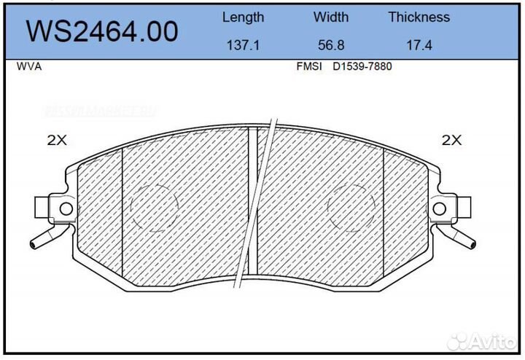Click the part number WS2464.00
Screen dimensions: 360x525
102,31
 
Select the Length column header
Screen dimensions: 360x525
243,17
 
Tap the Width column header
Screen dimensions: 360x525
331,17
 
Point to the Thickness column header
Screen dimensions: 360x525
419,17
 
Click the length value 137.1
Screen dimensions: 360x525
243,44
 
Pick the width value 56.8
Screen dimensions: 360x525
331,44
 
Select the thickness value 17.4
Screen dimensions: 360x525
419,44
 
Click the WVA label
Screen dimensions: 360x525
28,66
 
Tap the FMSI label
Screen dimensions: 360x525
309,66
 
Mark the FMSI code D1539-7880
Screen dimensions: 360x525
362,66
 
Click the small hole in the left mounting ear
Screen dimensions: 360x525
65,209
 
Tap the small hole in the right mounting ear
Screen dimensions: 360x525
439,209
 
